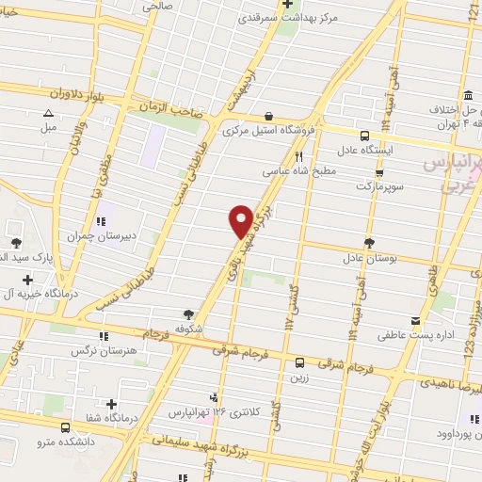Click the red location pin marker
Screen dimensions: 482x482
click(241, 220)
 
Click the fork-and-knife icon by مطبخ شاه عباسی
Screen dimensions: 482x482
click(299, 157)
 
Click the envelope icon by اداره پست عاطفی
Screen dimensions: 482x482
click(415, 320)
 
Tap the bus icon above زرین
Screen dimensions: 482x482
click(299, 362)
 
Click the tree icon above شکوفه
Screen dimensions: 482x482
click(189, 314)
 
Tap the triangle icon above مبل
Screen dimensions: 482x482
click(48, 112)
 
